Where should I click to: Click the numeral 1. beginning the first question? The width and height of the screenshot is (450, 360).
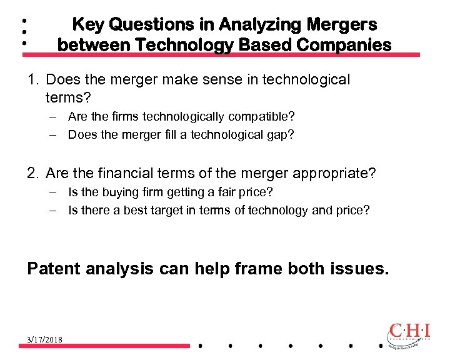click(34, 80)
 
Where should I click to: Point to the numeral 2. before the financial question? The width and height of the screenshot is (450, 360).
click(34, 173)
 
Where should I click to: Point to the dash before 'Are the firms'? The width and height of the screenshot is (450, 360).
click(55, 116)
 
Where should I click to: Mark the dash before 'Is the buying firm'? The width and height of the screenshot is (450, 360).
click(55, 192)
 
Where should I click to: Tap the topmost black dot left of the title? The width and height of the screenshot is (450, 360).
click(23, 21)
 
